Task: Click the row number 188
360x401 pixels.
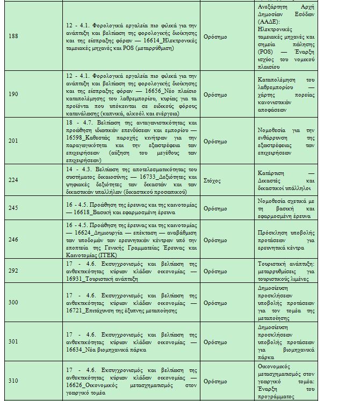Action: (14, 37)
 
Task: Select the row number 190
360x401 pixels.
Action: (14, 94)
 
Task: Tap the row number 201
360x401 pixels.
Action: (14, 141)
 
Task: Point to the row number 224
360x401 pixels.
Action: (14, 180)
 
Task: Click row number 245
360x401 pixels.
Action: (14, 208)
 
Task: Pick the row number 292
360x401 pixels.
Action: (14, 272)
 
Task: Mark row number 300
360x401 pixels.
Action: (14, 303)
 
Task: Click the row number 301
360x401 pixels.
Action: (14, 341)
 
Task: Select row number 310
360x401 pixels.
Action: (14, 381)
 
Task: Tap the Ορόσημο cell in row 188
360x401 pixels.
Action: (216, 37)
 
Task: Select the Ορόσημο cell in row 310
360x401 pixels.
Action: (216, 381)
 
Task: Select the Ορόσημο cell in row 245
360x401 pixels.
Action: (216, 208)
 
